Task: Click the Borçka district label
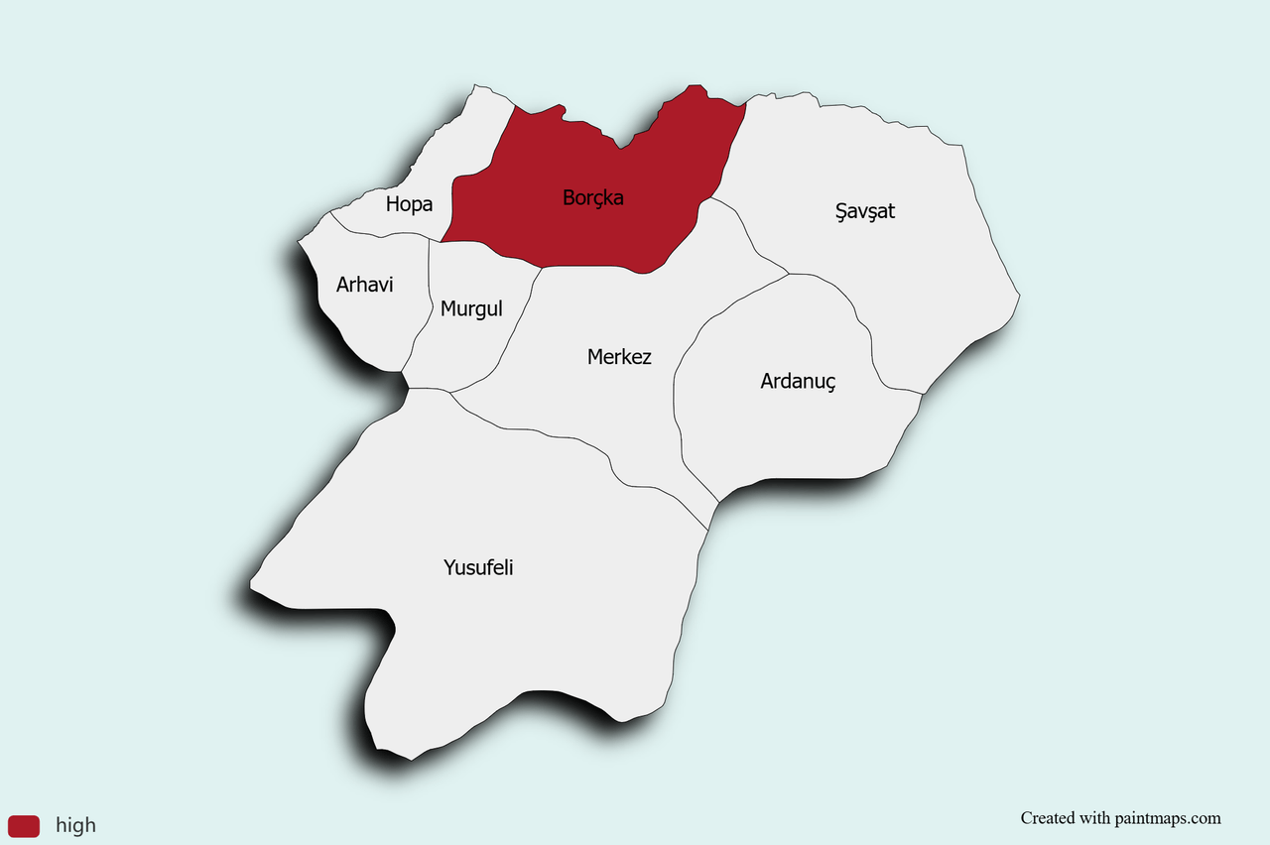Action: pos(592,197)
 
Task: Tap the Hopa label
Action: pos(409,204)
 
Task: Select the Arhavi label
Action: pos(364,285)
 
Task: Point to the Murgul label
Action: pos(471,308)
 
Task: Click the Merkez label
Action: pos(619,357)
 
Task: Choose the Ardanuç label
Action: pos(798,381)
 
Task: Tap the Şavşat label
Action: pos(865,211)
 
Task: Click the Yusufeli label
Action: pos(478,568)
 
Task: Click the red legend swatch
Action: pos(24,825)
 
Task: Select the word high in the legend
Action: pos(75,825)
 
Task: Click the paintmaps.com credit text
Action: pos(1157,818)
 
